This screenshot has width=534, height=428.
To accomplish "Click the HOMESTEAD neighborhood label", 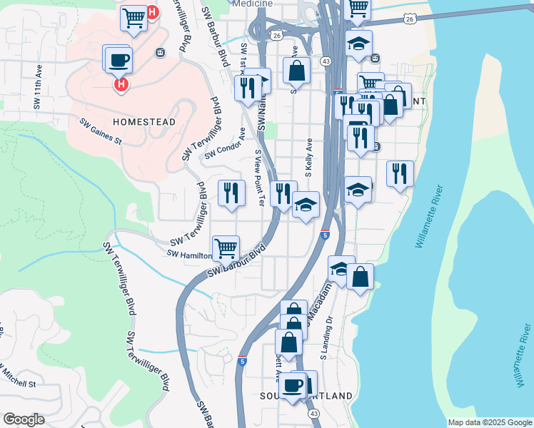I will (143, 122).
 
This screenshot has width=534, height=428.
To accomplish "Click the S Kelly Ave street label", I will (309, 158).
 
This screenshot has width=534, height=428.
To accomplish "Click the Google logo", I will (24, 419).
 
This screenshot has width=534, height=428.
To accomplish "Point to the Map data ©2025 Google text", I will (488, 422).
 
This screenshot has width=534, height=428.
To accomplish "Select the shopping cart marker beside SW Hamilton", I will (226, 248).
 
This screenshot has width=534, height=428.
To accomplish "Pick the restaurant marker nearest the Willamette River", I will (400, 173).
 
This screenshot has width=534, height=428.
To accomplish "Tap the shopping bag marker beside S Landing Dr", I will (361, 276).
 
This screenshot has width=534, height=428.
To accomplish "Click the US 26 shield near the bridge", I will (409, 18).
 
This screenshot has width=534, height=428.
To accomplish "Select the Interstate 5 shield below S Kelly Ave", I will (325, 234).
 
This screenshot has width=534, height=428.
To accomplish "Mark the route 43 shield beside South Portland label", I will (313, 412).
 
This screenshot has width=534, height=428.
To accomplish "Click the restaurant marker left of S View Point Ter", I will (231, 192).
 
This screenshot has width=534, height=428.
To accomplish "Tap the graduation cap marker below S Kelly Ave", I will (306, 206).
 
